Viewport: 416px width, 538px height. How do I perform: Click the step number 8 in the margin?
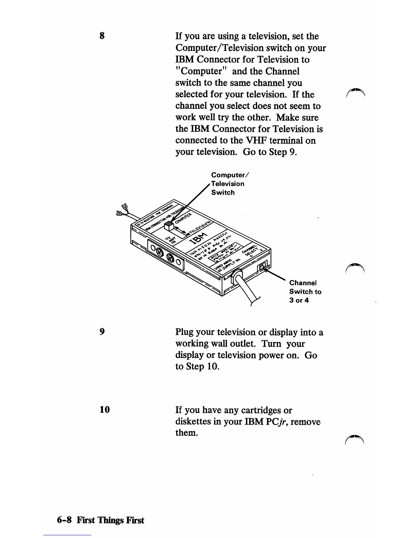tap(102, 36)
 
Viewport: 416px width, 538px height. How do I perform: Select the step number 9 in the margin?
tap(102, 331)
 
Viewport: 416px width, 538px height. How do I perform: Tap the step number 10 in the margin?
tap(105, 410)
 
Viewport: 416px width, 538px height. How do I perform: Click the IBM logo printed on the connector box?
tap(200, 238)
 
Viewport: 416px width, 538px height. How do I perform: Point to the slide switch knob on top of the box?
tap(169, 226)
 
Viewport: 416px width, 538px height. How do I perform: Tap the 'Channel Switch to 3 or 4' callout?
tap(305, 291)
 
